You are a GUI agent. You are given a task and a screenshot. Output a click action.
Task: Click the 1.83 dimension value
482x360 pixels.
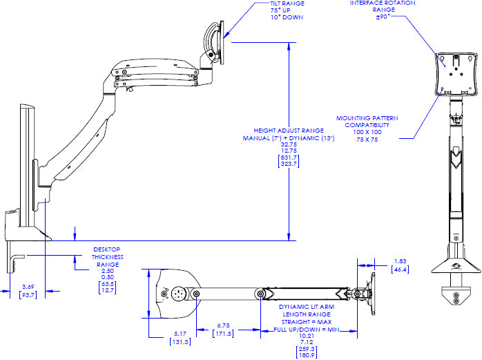tap(400, 261)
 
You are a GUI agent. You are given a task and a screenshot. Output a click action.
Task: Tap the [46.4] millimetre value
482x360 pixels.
tap(400, 269)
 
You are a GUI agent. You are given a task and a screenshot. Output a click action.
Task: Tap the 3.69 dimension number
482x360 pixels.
tap(28, 286)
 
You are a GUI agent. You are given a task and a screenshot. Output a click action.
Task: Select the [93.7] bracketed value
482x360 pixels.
tap(28, 294)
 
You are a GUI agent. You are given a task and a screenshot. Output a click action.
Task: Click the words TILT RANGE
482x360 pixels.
tap(287, 3)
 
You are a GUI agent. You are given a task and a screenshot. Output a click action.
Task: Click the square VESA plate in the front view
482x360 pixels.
tap(457, 73)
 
